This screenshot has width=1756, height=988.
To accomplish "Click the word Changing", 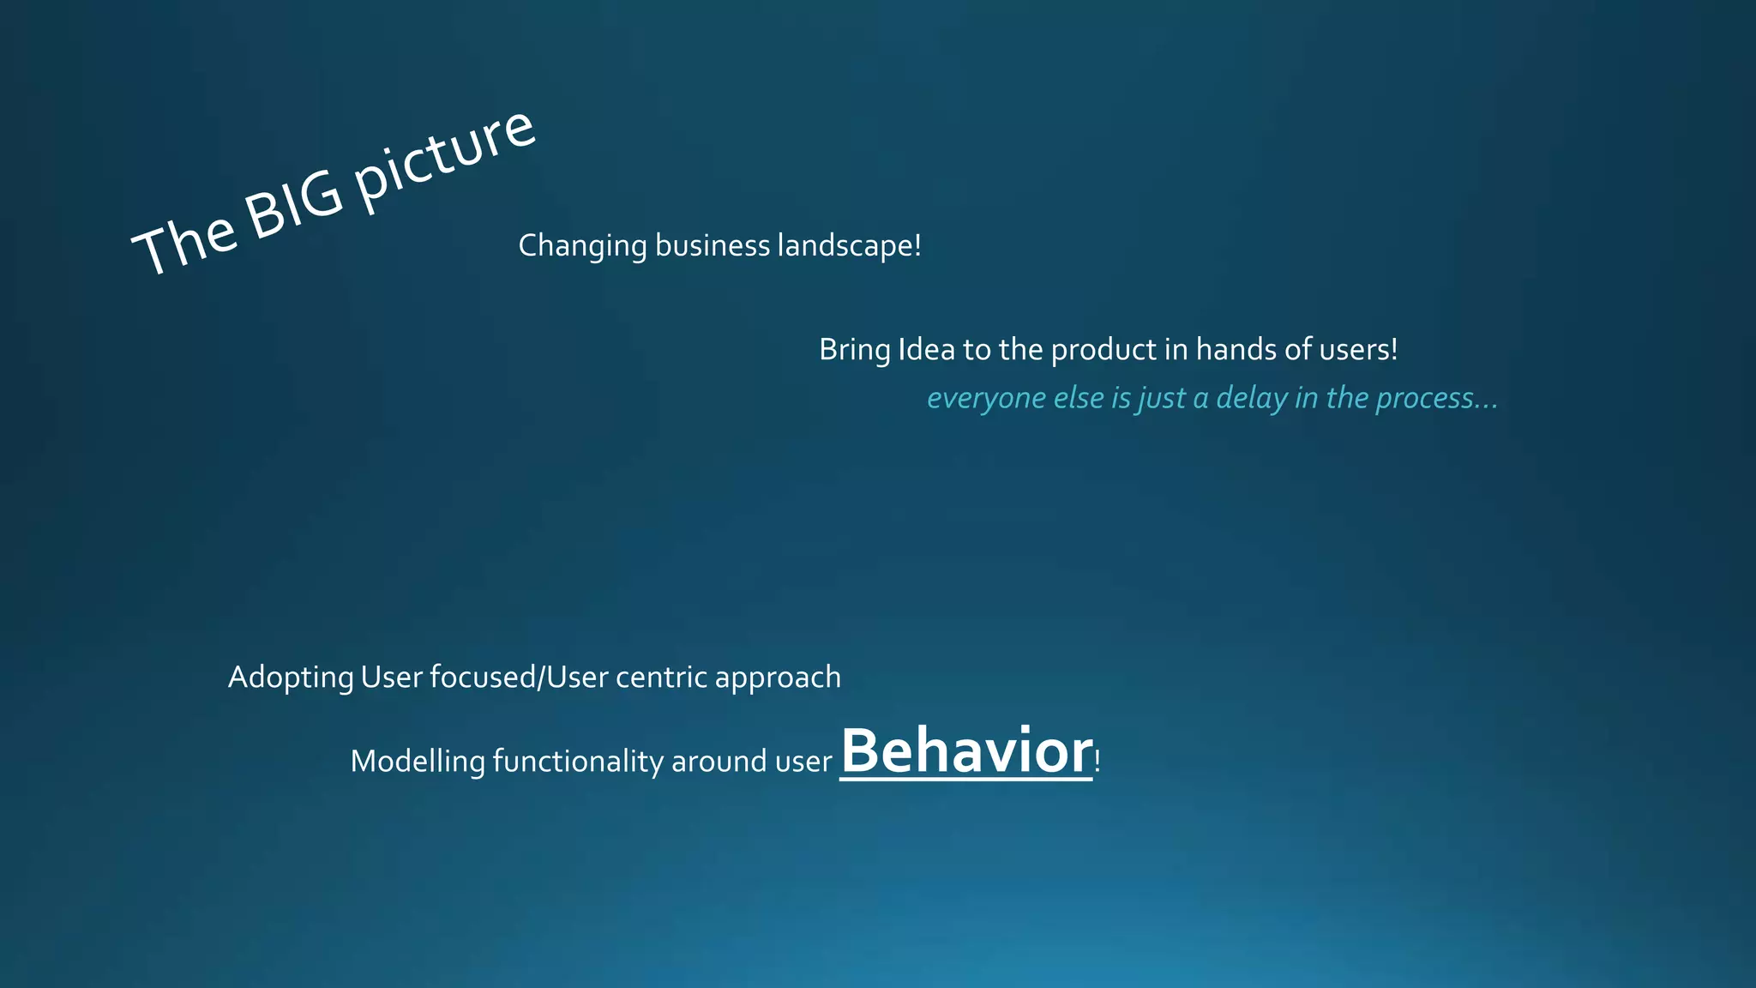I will coord(582,246).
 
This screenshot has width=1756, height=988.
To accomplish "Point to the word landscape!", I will coord(849,246).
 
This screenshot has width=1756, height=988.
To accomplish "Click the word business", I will coord(713,246).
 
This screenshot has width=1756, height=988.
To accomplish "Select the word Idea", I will coord(926,350).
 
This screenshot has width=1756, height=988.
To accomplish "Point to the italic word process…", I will coord(1436,399).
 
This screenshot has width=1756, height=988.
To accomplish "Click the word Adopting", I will coord(291,678).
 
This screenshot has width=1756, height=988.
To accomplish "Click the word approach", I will coord(778,678).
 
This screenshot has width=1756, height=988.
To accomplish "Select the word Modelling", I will coord(418,762).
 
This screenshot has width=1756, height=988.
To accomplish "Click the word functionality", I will coord(578,762).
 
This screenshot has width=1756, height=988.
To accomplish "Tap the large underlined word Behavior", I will coord(966,751).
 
